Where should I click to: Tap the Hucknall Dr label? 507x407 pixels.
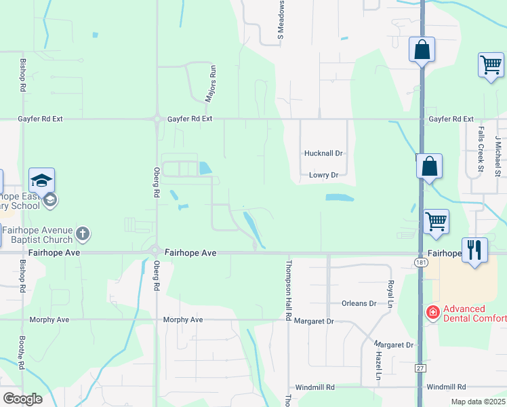pyautogui.click(x=324, y=153)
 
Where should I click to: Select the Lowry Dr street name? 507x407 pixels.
pyautogui.click(x=323, y=175)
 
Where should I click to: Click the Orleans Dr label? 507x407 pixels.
pyautogui.click(x=359, y=303)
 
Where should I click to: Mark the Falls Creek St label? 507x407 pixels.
pyautogui.click(x=481, y=149)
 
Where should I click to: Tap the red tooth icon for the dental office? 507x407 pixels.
pyautogui.click(x=432, y=312)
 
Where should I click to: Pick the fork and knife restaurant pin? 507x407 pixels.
pyautogui.click(x=474, y=250)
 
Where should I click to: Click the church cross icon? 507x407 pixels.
pyautogui.click(x=83, y=235)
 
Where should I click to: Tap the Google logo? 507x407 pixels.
pyautogui.click(x=22, y=399)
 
